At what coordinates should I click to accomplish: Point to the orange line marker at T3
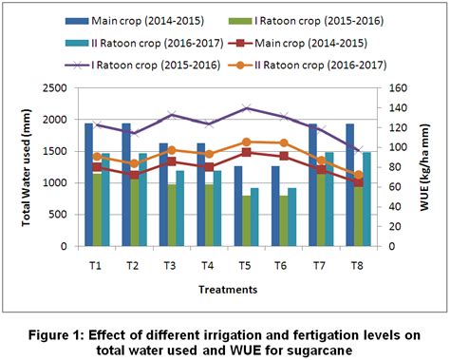[171, 150]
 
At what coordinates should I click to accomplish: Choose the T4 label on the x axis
[208, 264]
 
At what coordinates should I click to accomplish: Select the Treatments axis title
[228, 289]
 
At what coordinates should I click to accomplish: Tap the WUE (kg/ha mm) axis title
[422, 167]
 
